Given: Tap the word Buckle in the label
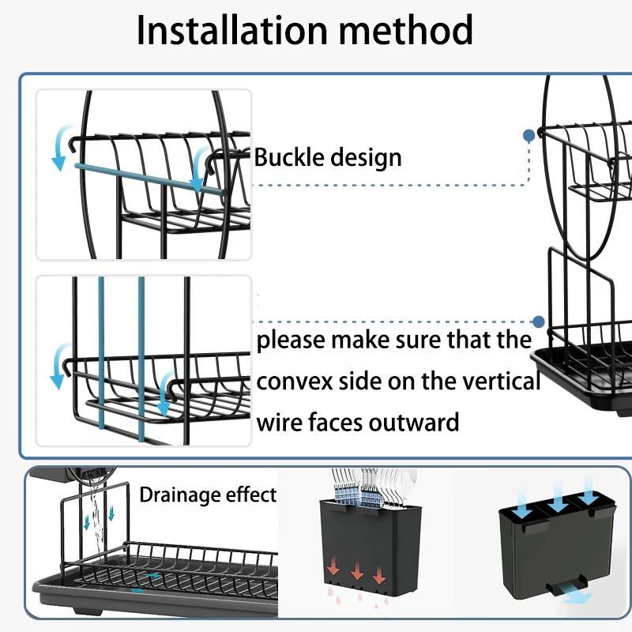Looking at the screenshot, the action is click(x=289, y=157).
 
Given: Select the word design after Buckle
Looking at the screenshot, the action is click(x=364, y=157).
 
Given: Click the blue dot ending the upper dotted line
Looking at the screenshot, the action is click(x=529, y=135).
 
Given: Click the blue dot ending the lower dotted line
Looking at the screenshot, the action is click(x=538, y=322).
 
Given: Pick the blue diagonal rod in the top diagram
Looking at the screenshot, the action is click(x=150, y=179).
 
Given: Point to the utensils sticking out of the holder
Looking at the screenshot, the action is click(x=363, y=483).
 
